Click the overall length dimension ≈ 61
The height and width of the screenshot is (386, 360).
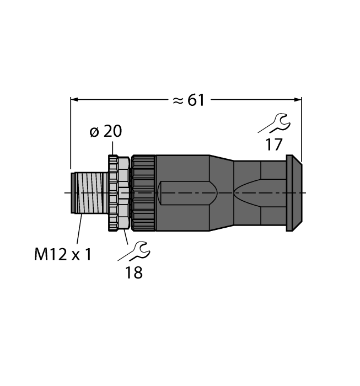click(189, 100)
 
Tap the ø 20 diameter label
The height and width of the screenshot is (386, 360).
click(106, 131)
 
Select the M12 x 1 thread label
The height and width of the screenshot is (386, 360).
click(63, 254)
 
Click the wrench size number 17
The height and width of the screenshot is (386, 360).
click(273, 144)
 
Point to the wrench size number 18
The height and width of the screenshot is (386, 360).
click(134, 272)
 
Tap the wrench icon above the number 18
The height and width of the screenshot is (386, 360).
click(134, 251)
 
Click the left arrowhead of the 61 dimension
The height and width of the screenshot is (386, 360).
click(74, 100)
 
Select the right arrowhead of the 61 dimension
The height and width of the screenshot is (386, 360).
click(298, 100)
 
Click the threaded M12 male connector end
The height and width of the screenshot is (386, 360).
click(89, 193)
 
